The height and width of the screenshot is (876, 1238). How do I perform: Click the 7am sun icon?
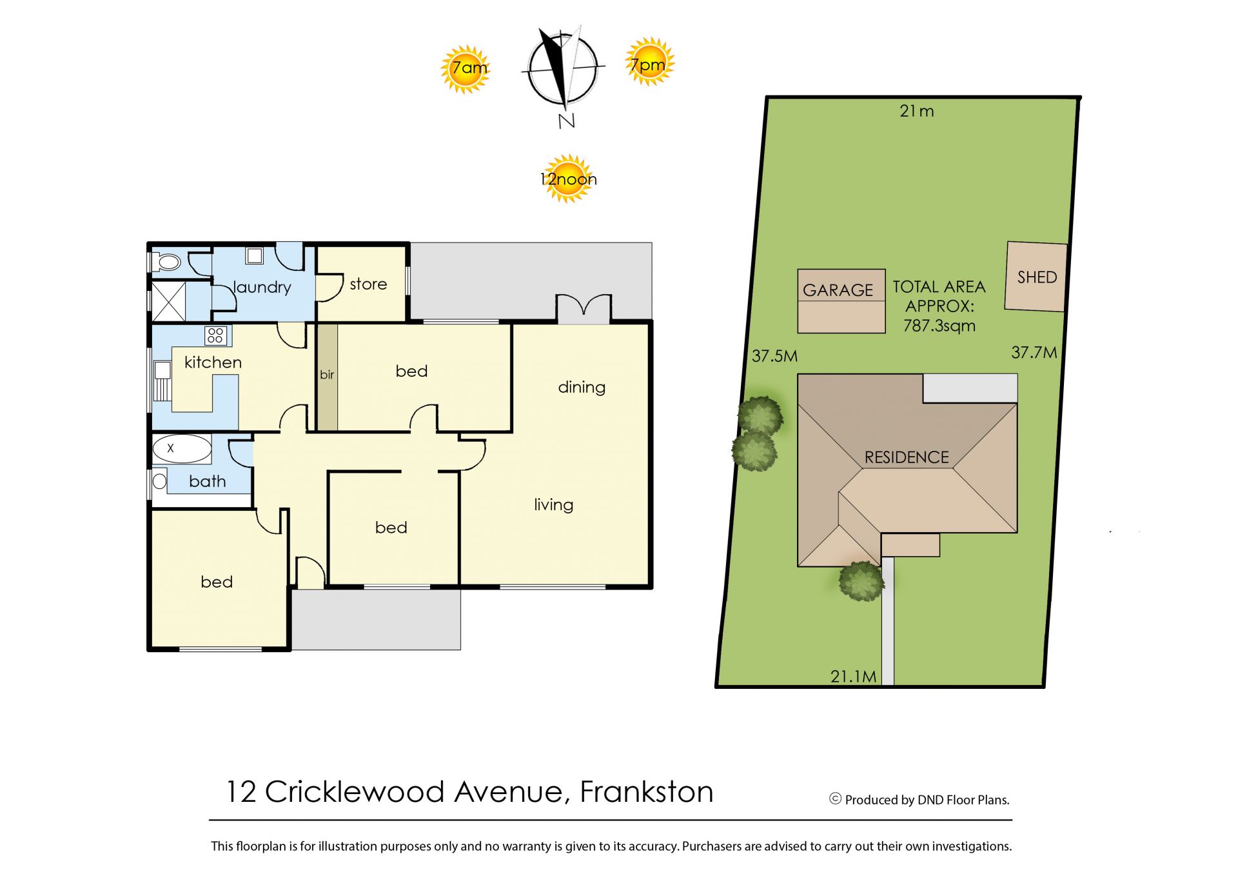click(x=465, y=69)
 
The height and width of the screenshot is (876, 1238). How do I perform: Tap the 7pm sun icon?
click(x=650, y=61)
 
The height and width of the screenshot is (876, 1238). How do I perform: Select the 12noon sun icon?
click(x=567, y=179)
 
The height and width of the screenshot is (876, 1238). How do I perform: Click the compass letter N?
click(x=567, y=121)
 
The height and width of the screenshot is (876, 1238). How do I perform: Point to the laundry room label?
click(x=262, y=287)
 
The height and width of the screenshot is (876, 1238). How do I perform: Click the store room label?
click(x=368, y=284)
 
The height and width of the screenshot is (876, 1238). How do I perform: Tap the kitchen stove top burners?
click(x=215, y=335)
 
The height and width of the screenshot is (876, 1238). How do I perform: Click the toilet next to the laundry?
click(x=166, y=262)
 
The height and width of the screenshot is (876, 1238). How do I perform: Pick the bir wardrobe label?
click(x=327, y=374)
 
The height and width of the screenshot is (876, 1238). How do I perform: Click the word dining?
click(x=582, y=387)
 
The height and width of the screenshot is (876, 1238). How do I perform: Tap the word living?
click(x=553, y=504)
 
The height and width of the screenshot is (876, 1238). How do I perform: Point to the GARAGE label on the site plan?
click(x=838, y=290)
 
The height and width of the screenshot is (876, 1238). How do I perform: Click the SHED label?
click(x=1037, y=277)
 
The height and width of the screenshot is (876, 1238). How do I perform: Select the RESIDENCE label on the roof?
click(x=907, y=457)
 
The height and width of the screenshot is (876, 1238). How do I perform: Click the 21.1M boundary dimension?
click(x=853, y=676)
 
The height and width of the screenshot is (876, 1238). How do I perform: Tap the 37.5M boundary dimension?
click(x=774, y=355)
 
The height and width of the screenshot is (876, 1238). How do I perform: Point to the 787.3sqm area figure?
click(x=939, y=326)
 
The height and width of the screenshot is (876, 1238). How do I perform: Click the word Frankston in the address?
click(x=646, y=791)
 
